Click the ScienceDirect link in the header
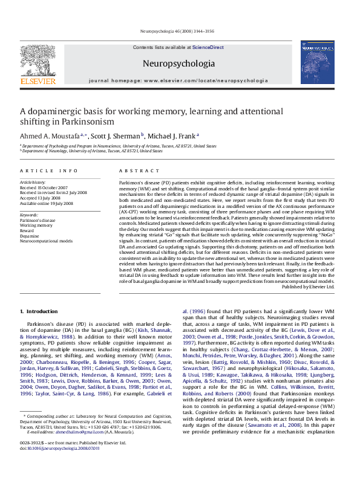click(x=208, y=47)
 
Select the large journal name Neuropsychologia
click(x=178, y=63)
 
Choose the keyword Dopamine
click(x=30, y=235)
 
